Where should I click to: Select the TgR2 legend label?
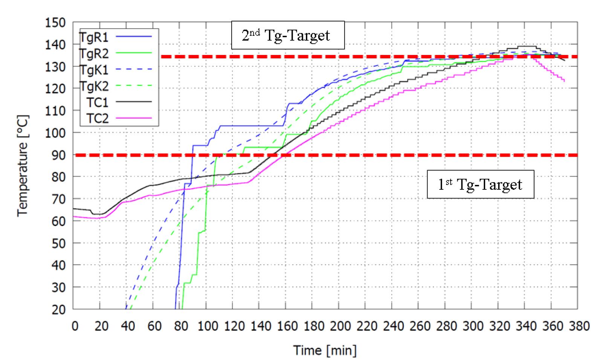coord(94,54)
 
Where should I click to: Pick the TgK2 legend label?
coord(94,86)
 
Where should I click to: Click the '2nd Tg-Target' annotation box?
coord(287,35)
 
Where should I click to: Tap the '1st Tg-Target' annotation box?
coord(480,184)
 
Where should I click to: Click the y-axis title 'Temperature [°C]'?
coord(23,166)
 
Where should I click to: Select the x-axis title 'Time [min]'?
coord(325,350)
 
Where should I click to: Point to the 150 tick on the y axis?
coord(55,23)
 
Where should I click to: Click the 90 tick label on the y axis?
coord(58,155)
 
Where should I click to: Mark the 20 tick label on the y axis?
coord(58,309)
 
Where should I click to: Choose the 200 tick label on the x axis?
coord(340,326)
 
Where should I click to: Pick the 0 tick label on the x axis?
coord(75,326)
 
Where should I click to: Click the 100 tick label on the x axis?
coord(208,326)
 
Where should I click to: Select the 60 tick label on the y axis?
coord(58,221)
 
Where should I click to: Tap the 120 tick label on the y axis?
coord(55,88)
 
